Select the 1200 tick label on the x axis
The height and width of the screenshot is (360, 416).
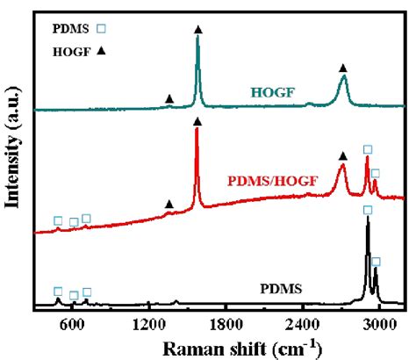click(x=148, y=325)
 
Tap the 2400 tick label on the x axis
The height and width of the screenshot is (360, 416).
click(x=302, y=325)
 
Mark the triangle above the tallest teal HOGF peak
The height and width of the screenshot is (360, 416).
click(x=197, y=30)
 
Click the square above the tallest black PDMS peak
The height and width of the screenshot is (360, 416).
click(x=368, y=210)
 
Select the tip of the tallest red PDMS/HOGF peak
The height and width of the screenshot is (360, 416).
click(x=197, y=130)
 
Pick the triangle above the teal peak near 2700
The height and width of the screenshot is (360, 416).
click(x=343, y=68)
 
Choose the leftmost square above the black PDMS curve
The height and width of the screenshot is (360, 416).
click(x=58, y=292)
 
